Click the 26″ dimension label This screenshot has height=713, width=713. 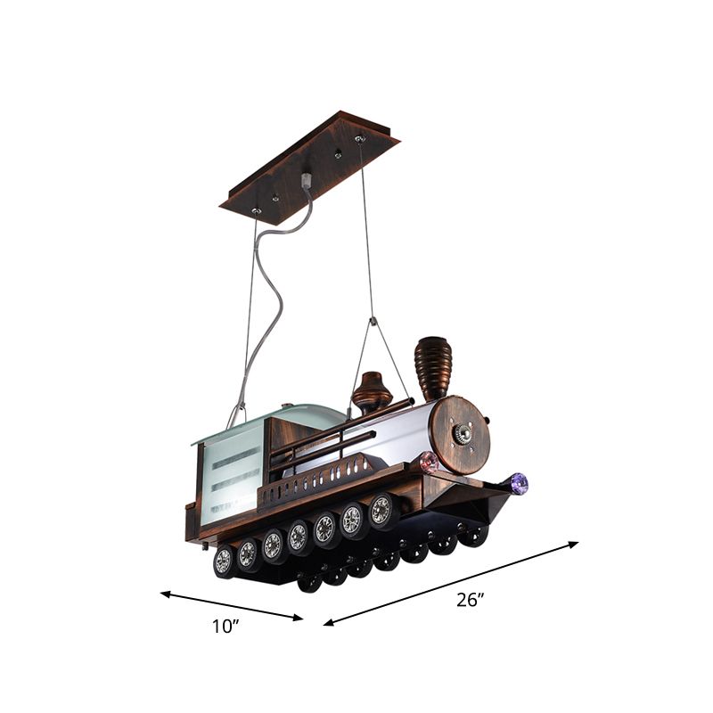(469, 599)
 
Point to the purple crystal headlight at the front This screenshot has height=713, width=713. (518, 483)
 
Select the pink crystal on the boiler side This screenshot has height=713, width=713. (429, 462)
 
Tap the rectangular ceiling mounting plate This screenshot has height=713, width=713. (308, 168)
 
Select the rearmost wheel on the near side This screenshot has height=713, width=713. (224, 560)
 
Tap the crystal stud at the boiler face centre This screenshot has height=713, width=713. (462, 434)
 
